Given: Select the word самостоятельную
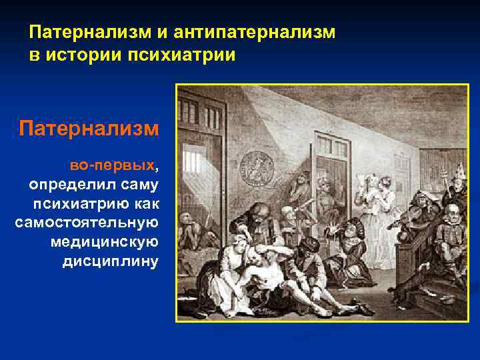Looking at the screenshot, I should click(87, 221).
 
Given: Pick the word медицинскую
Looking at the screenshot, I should click(105, 241).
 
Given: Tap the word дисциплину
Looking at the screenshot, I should click(111, 260).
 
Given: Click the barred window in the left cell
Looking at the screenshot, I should click(191, 162).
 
